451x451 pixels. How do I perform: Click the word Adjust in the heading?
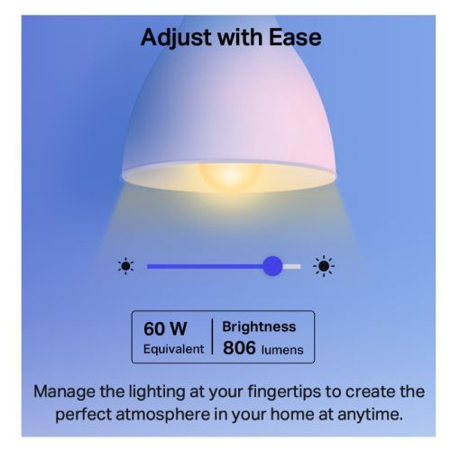[177, 38]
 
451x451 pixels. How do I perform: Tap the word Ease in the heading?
[295, 38]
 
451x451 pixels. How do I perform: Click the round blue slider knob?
[272, 266]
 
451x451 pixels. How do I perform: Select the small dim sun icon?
[125, 266]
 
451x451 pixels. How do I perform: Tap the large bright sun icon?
[324, 266]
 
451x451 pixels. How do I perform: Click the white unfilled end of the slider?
[291, 266]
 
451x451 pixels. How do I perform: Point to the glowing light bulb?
[230, 176]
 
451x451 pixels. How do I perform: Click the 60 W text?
[165, 328]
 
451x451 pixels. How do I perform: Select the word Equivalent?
[173, 349]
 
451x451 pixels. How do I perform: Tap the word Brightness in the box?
[259, 327]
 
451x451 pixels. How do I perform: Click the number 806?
[239, 348]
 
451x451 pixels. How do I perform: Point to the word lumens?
[282, 350]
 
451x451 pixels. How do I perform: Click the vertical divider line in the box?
[213, 336]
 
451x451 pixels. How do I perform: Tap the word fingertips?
[284, 392]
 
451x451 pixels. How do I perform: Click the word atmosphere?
[163, 415]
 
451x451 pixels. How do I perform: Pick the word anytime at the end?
[371, 415]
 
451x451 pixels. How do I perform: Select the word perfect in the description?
[83, 415]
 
